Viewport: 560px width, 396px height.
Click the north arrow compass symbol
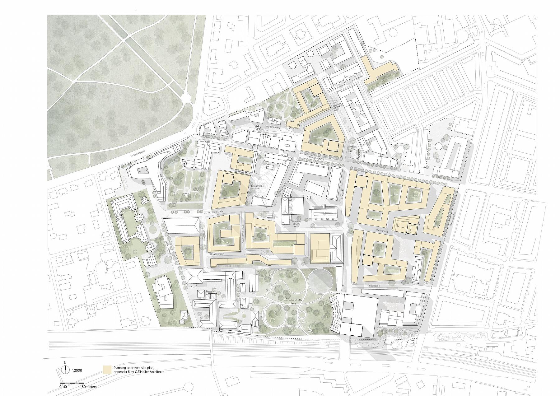click(65, 370)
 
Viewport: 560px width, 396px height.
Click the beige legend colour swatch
click(107, 369)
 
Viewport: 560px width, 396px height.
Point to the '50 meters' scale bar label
click(89, 387)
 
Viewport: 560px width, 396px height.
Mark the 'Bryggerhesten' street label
click(218, 254)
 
